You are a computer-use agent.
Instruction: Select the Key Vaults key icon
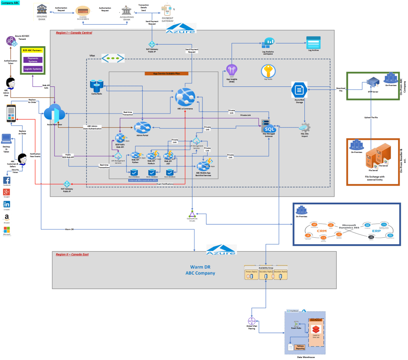click(x=269, y=72)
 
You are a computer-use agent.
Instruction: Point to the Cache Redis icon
click(x=97, y=84)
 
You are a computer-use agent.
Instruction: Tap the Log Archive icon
click(x=313, y=42)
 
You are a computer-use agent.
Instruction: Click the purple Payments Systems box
click(x=33, y=60)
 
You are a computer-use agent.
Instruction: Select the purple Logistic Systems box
click(x=33, y=69)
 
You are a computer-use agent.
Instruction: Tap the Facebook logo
click(x=6, y=180)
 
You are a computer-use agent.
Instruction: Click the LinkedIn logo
click(x=6, y=204)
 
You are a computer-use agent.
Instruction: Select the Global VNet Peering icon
click(x=251, y=321)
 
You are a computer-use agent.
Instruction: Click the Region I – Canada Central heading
click(x=74, y=33)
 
